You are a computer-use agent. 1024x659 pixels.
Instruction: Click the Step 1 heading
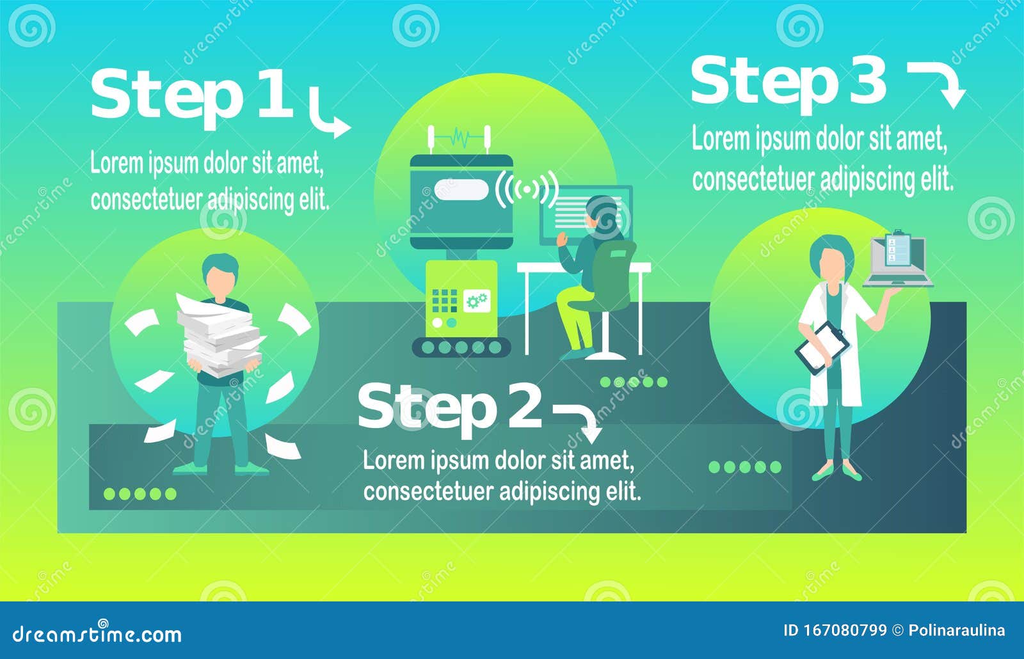tap(191, 96)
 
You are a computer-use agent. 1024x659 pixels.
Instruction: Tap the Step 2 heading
tap(449, 407)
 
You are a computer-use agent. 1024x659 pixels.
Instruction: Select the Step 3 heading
tap(788, 81)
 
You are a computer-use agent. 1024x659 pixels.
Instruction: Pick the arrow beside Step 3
tap(938, 83)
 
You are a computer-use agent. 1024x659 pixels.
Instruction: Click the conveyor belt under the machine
tap(461, 347)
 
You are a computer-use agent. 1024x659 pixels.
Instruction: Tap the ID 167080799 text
tap(835, 631)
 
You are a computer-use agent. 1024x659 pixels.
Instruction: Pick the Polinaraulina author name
tap(956, 631)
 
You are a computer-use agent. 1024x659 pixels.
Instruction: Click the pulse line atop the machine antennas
tap(460, 137)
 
